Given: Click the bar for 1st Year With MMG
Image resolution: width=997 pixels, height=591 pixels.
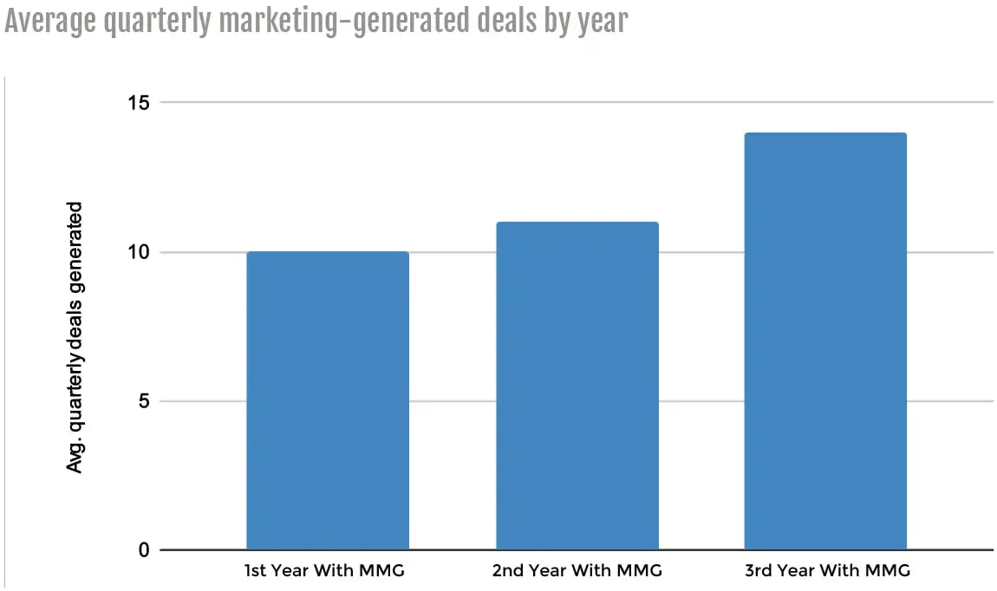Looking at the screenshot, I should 327,400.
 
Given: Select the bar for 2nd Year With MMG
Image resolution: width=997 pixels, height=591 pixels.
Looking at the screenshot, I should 577,386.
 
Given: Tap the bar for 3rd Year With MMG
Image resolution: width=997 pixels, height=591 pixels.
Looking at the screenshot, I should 825,341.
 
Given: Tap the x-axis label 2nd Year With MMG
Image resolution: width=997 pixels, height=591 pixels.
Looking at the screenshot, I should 577,570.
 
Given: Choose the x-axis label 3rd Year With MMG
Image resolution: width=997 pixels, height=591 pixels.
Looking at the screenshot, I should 825,570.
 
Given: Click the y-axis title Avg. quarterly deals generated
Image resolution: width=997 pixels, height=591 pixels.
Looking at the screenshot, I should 75,337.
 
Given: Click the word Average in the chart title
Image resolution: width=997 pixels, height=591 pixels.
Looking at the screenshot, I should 50,22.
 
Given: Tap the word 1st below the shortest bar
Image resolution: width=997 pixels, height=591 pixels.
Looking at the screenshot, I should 256,570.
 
